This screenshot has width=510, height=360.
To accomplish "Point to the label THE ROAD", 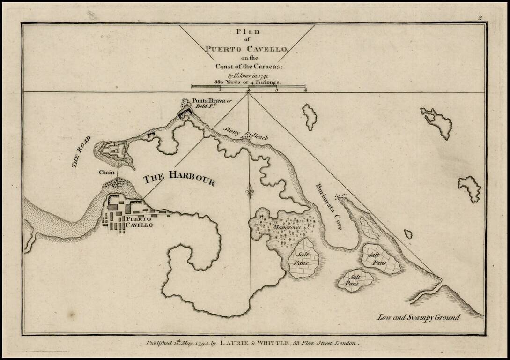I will [x=80, y=153].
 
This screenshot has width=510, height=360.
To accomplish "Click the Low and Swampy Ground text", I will [x=419, y=317].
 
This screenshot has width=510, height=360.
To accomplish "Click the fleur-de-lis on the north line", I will [x=249, y=192].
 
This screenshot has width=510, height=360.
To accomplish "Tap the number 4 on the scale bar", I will [x=305, y=90].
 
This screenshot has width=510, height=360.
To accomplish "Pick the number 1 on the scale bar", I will [x=220, y=90].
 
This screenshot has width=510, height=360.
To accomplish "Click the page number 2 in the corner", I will [x=480, y=18].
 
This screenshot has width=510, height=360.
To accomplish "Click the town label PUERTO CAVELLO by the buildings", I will [x=137, y=222].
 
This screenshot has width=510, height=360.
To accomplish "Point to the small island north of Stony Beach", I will [x=310, y=117].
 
